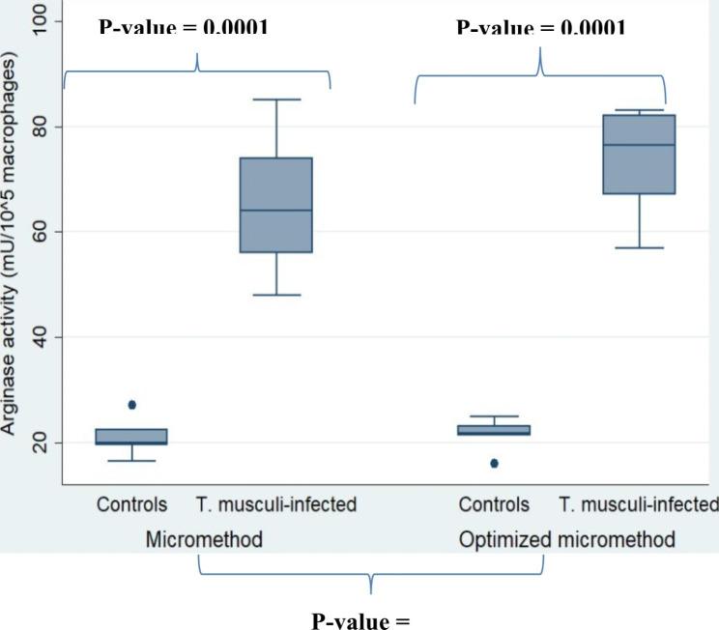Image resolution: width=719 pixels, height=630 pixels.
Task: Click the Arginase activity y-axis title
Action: click(x=12, y=251)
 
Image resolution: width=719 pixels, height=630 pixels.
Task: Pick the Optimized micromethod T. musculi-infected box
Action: click(x=639, y=155)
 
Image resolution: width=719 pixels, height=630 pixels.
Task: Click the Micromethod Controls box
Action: click(x=131, y=437)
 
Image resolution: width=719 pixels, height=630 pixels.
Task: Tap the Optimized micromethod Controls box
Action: click(x=494, y=430)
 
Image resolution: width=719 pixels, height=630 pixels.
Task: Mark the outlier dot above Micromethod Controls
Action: click(x=132, y=405)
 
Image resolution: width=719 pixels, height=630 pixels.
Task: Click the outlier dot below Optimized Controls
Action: click(x=495, y=464)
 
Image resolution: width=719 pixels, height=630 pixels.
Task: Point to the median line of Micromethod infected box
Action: click(x=276, y=211)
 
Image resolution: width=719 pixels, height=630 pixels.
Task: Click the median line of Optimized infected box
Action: click(x=639, y=145)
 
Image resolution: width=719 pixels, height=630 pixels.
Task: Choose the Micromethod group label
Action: click(x=204, y=539)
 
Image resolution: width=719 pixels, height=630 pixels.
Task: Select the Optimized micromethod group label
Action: click(x=566, y=539)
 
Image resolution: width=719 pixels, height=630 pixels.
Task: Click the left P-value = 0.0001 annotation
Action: click(x=184, y=28)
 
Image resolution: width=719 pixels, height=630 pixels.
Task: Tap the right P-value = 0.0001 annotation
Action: click(x=540, y=28)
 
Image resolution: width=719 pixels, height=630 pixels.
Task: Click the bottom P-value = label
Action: click(x=360, y=618)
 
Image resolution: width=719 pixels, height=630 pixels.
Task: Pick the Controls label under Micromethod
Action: click(x=131, y=504)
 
